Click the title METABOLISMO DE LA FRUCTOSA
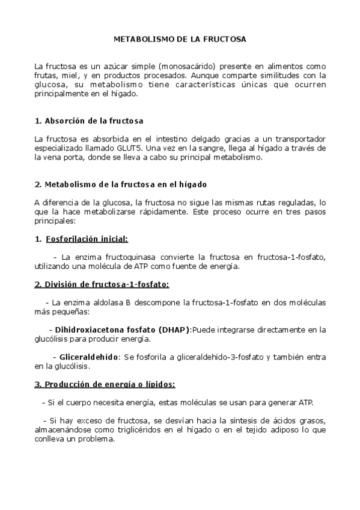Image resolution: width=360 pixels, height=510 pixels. point(180,39)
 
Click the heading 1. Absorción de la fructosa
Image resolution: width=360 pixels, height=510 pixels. point(88,121)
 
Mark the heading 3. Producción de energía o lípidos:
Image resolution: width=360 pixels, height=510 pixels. point(105,384)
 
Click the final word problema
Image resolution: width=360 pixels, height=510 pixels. point(96,439)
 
